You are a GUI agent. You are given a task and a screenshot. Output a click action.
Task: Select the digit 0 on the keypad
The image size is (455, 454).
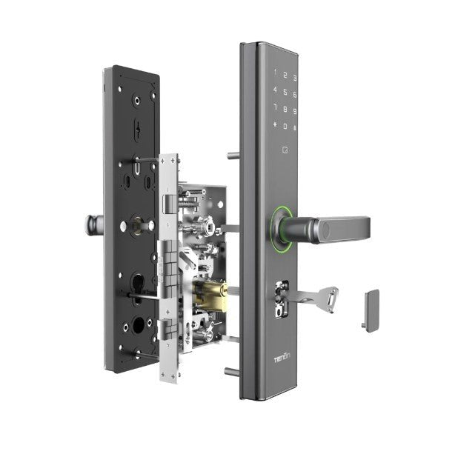[x=285, y=127]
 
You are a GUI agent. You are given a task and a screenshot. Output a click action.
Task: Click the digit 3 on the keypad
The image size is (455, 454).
[x=295, y=77]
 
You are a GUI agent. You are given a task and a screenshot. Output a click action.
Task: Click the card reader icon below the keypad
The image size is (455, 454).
[x=285, y=150]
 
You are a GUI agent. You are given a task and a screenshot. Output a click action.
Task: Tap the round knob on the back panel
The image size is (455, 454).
[x=94, y=222]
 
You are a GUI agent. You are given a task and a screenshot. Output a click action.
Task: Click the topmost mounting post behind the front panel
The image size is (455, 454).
[x=233, y=156]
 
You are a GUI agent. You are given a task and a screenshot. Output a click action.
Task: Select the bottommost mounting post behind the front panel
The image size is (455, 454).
[x=233, y=371]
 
